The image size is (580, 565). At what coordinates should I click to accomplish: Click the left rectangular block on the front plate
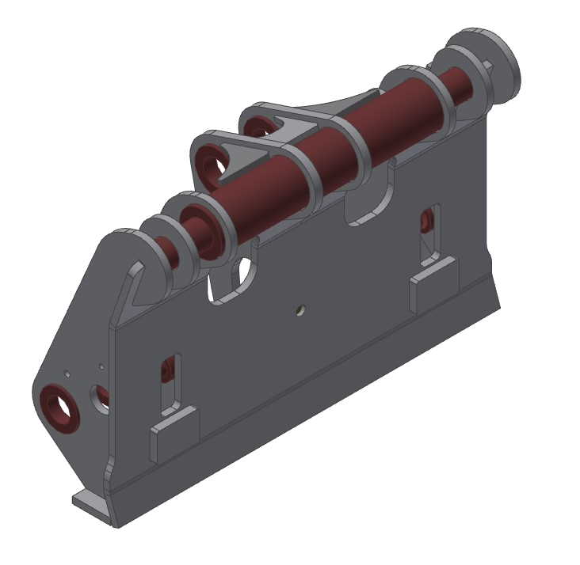click(173, 431)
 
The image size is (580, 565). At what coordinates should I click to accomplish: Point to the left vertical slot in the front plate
click(169, 380)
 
